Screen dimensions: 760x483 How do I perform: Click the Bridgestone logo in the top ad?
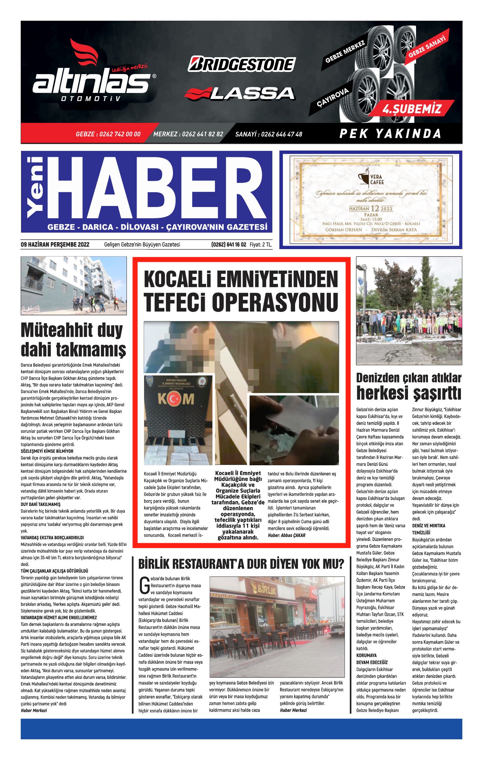241,64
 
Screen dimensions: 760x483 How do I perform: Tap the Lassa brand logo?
239,93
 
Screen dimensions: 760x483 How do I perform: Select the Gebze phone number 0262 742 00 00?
108,134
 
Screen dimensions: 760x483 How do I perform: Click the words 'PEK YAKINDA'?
390,134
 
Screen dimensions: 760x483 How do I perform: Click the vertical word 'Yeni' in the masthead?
35,187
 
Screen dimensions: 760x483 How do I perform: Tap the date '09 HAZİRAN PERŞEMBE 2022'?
55,245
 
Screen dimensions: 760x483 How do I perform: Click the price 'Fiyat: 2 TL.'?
261,245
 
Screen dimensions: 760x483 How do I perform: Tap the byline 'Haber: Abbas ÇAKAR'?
286,535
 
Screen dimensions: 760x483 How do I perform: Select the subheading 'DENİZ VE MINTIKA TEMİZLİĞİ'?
428,529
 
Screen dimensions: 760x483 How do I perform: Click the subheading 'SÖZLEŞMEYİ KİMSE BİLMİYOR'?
47,451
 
